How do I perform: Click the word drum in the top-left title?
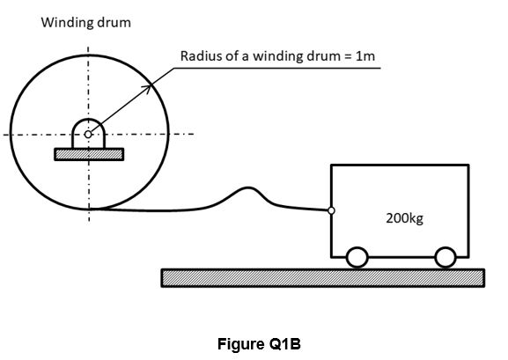coord(109,23)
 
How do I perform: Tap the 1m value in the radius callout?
coord(365,56)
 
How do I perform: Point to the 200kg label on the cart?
coord(404,218)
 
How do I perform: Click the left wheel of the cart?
coord(357,258)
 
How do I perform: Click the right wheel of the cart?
coord(445,258)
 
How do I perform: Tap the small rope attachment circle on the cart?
coord(331,210)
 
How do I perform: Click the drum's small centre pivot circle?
coord(88,134)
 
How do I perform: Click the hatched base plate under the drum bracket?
coord(89,154)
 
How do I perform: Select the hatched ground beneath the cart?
coord(323,278)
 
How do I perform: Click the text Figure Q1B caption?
coord(259,344)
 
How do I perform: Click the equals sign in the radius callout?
coord(348,56)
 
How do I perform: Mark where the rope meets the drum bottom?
coord(90,209)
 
